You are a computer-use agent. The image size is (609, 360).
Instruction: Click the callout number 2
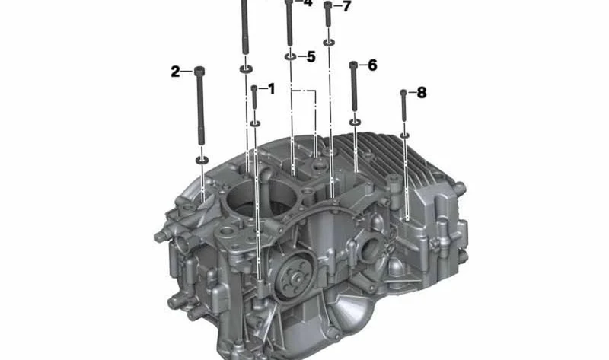[x=176, y=72]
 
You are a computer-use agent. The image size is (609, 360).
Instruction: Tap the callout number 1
[x=271, y=89]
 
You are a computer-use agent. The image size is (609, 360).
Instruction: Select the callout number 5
[x=311, y=57]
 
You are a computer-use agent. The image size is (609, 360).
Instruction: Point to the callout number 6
[x=372, y=65]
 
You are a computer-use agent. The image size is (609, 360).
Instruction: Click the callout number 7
[x=347, y=6]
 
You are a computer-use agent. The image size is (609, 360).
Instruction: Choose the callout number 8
[x=422, y=92]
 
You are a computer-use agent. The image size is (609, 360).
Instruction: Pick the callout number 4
[x=308, y=3]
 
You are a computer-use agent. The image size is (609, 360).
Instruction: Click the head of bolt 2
[x=199, y=72]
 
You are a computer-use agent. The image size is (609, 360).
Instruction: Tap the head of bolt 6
[x=353, y=65]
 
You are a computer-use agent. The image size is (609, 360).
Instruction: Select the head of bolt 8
[x=403, y=93]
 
